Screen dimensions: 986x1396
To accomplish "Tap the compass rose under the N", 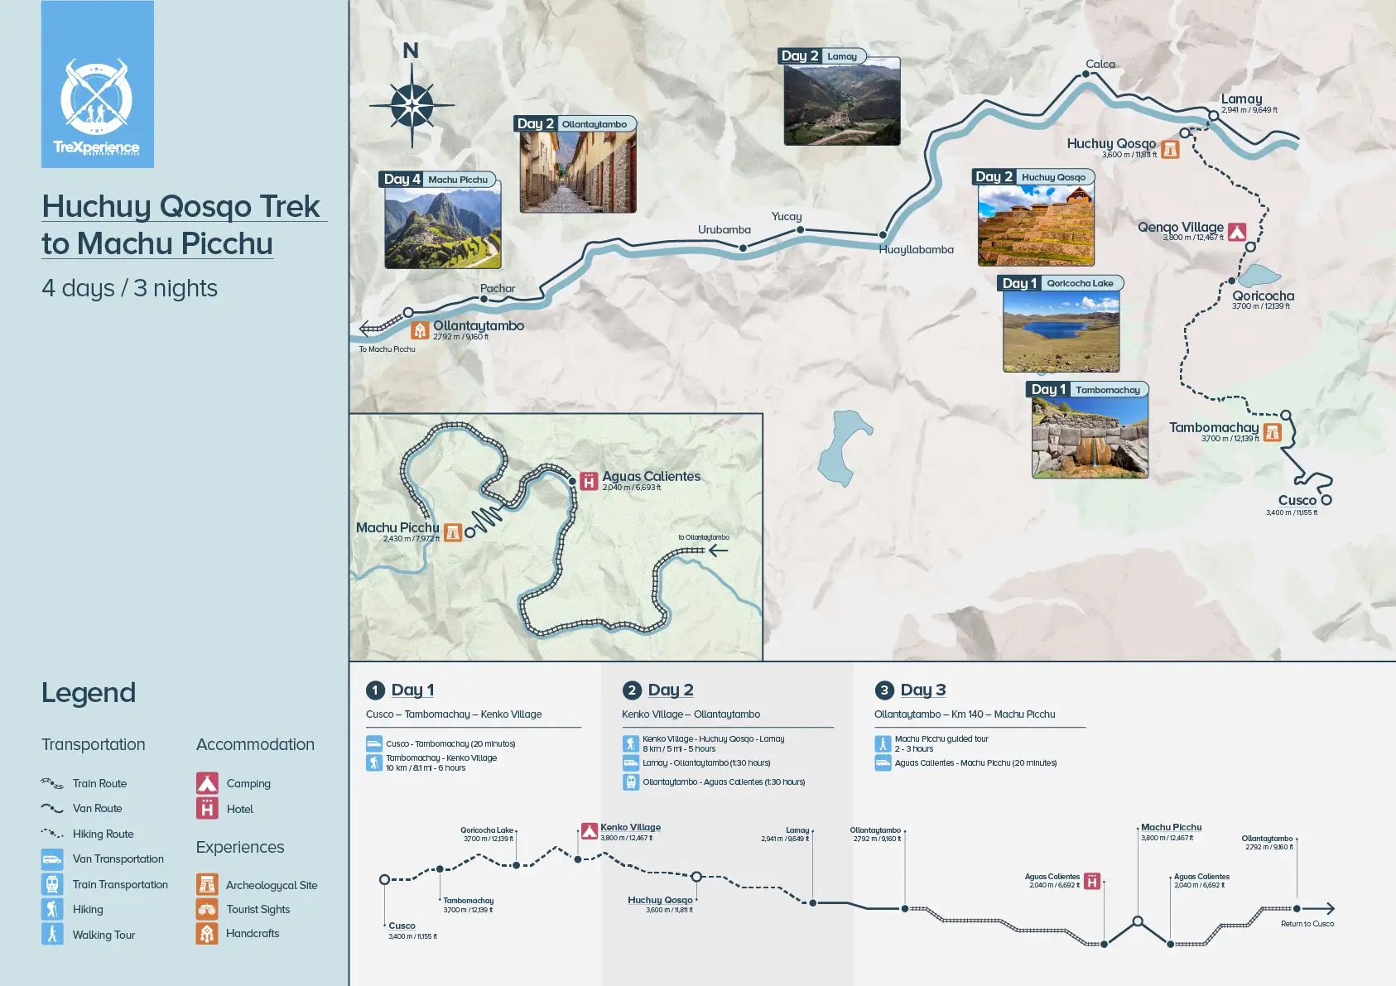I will (412, 106).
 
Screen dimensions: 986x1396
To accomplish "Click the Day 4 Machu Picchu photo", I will (443, 228).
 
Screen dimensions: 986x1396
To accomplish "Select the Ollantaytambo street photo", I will (578, 172).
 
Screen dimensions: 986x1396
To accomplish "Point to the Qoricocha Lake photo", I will (1061, 331).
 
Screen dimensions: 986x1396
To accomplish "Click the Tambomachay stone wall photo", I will (1090, 438).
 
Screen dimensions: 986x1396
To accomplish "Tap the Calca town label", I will (1100, 64).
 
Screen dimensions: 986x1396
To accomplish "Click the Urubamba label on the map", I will (724, 229).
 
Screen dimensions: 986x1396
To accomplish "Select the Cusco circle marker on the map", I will (1326, 500).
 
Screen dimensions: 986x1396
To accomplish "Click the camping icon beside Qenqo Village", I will (1237, 232).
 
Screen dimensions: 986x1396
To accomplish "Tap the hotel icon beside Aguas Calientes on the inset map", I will (589, 481).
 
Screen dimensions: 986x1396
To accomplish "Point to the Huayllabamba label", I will (916, 249).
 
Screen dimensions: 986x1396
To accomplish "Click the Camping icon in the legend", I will (207, 782).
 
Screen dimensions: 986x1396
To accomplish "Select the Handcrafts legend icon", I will (207, 933).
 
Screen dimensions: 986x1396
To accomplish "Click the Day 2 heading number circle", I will (632, 690).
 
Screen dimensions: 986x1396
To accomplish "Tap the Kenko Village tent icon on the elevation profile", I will (589, 831).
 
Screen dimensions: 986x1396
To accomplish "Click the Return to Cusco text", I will (1307, 924).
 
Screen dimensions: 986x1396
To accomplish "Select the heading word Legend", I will (89, 693).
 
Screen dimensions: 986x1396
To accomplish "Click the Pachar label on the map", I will (498, 289).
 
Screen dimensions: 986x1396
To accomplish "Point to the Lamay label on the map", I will (1241, 99).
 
